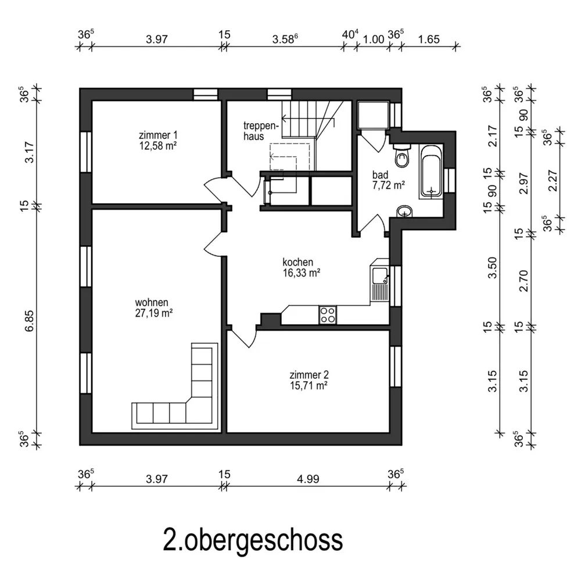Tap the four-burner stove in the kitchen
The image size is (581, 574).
(x=328, y=315)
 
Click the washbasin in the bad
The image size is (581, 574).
(x=404, y=212)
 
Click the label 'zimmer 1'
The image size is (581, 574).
(x=158, y=135)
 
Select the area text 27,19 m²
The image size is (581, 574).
(x=154, y=313)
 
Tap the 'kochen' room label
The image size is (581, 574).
(x=298, y=262)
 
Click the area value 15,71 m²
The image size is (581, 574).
(x=309, y=386)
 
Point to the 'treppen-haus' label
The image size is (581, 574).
(x=261, y=131)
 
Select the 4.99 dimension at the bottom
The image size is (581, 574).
(x=308, y=479)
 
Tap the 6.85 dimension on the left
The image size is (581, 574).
(x=29, y=321)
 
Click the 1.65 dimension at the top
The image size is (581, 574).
(x=429, y=40)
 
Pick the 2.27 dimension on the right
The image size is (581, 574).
(x=553, y=181)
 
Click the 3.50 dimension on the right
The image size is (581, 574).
(x=492, y=268)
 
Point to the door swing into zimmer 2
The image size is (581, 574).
(x=243, y=336)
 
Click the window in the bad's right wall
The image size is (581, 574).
(x=450, y=181)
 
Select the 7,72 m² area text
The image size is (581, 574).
(x=389, y=185)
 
